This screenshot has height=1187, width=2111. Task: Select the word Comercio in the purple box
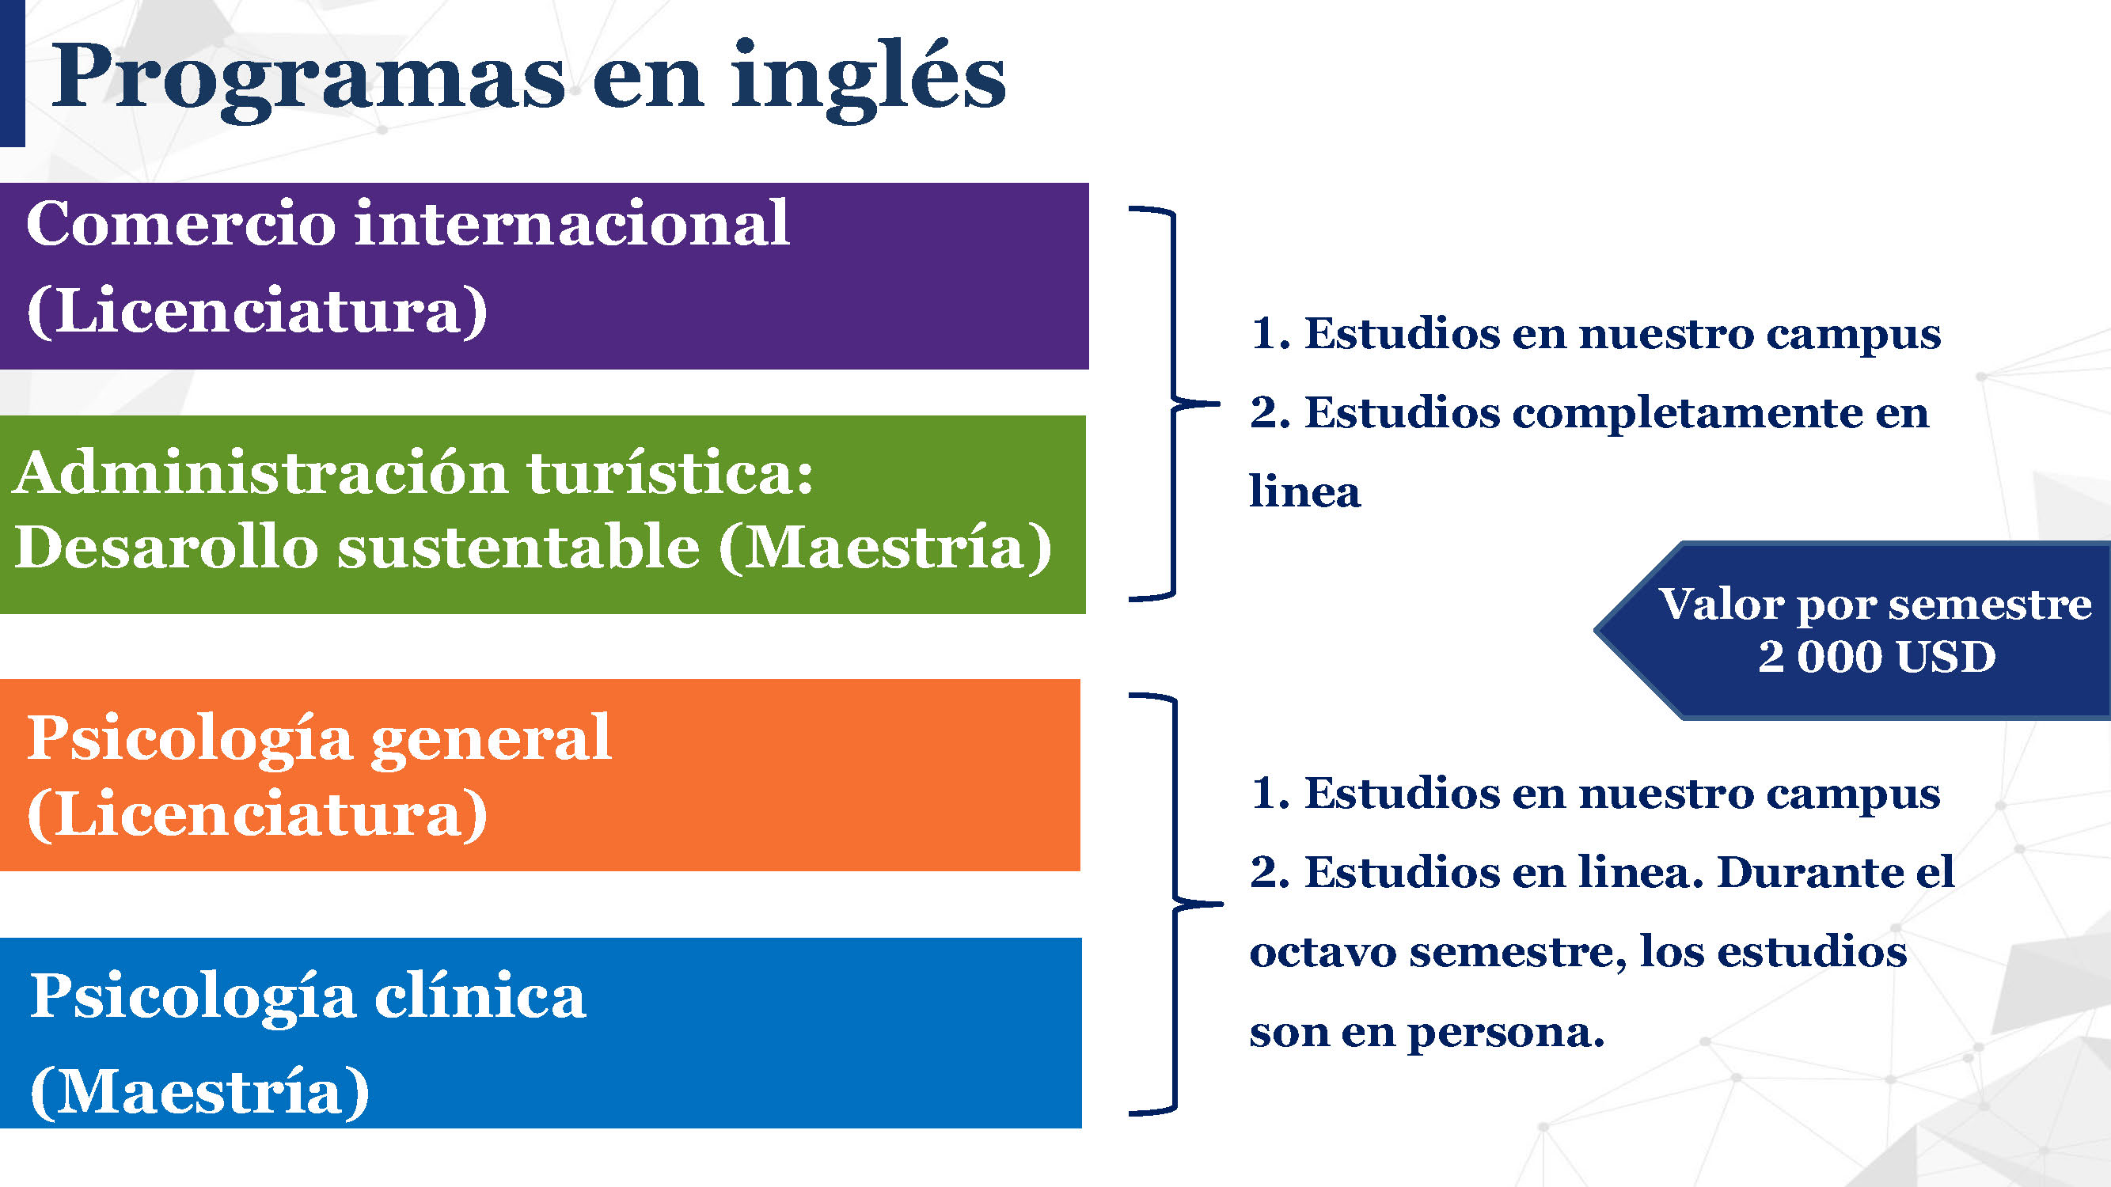point(181,223)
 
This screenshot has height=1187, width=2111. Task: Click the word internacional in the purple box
point(572,223)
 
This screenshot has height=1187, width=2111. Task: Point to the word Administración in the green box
point(260,472)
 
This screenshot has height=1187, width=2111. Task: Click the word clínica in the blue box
point(480,996)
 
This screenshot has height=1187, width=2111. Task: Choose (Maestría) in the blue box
point(200,1092)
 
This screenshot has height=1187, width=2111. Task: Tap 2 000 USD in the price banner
point(1877,657)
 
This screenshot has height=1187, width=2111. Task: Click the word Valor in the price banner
point(1721,605)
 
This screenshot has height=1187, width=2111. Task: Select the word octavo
point(1323,952)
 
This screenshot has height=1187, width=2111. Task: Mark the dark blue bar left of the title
point(13,74)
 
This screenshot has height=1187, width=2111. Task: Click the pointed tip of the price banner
point(1595,631)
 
